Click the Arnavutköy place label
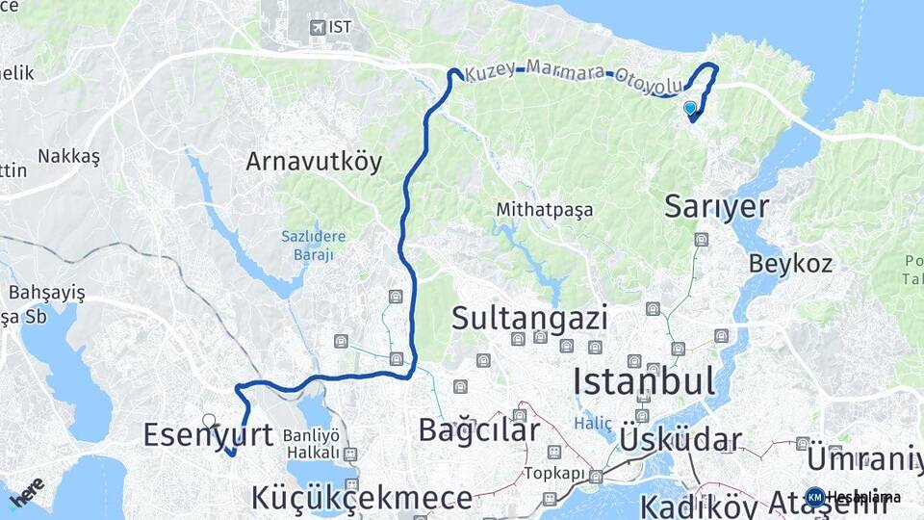[314, 161]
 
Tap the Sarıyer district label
[717, 205]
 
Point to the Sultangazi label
[529, 318]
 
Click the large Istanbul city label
[644, 381]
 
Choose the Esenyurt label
[208, 435]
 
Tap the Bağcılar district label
[478, 430]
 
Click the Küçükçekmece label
[362, 498]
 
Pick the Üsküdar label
[681, 441]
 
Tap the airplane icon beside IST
[317, 27]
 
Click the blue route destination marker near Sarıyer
[690, 108]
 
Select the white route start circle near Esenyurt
[209, 420]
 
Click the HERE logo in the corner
[26, 493]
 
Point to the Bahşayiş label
[47, 292]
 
